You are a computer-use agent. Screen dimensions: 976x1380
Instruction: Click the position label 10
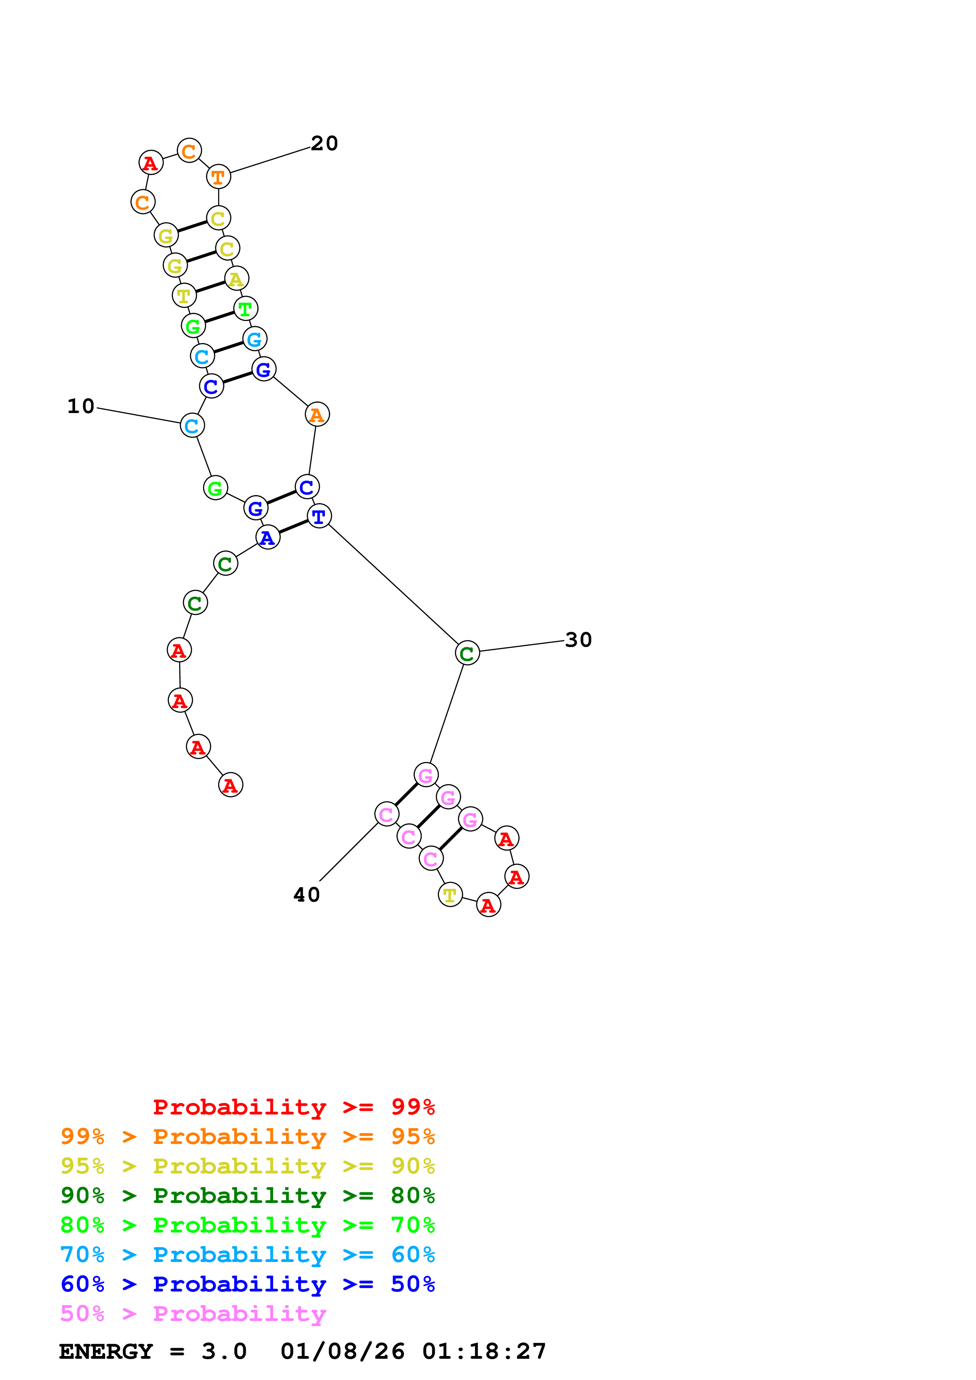(81, 406)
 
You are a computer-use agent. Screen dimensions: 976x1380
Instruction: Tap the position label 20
(324, 144)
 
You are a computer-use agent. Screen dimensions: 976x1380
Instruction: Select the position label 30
(578, 640)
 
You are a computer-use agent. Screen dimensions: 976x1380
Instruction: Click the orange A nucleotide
(317, 415)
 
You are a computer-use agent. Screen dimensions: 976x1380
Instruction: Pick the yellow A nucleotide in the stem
(236, 279)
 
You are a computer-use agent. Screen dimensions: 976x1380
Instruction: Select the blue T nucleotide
(319, 516)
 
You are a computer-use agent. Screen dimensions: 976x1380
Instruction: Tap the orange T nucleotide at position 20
(218, 177)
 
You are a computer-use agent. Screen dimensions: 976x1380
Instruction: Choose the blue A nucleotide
(268, 537)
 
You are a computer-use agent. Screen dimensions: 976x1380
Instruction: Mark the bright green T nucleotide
(245, 309)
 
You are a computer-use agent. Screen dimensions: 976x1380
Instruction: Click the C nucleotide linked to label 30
(467, 653)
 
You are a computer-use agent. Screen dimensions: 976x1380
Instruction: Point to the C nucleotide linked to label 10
(192, 426)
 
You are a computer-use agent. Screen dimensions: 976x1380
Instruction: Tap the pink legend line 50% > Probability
(193, 1314)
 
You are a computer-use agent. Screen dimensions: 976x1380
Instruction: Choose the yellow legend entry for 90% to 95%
(247, 1166)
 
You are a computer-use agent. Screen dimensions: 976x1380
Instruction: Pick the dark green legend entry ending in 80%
(247, 1196)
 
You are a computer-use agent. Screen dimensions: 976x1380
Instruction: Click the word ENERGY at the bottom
(106, 1352)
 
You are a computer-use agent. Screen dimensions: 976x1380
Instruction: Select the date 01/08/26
(342, 1352)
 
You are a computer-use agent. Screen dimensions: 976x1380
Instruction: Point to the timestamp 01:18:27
(484, 1352)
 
